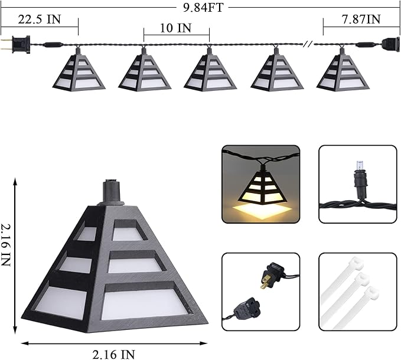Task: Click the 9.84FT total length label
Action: [203, 8]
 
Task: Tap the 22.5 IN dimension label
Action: [40, 19]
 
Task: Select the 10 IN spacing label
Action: [175, 28]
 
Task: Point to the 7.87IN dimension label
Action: [361, 19]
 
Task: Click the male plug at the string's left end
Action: [15, 44]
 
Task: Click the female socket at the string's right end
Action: [391, 44]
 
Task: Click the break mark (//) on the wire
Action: [308, 44]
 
